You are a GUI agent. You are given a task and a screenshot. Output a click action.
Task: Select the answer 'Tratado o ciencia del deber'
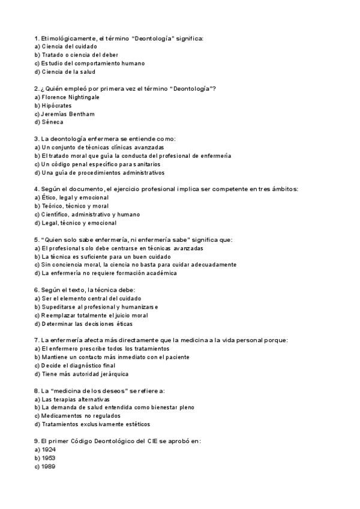(80, 55)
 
